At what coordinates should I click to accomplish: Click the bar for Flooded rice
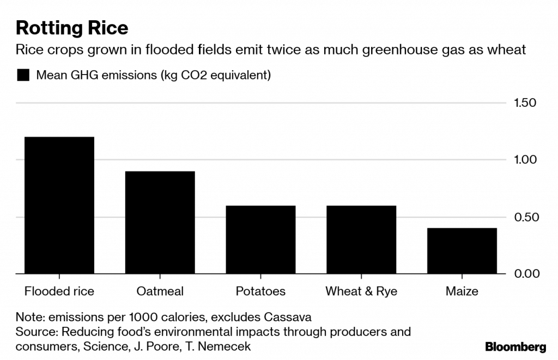pyautogui.click(x=59, y=205)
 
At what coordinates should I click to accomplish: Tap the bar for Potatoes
pyautogui.click(x=260, y=240)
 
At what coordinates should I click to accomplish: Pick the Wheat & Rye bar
pyautogui.click(x=361, y=240)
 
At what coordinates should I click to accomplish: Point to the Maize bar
pyautogui.click(x=462, y=251)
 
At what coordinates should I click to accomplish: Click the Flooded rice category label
pyautogui.click(x=59, y=291)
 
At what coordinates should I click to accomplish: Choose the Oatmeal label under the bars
pyautogui.click(x=160, y=291)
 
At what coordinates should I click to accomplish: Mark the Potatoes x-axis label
pyautogui.click(x=260, y=291)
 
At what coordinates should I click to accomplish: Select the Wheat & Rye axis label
pyautogui.click(x=361, y=291)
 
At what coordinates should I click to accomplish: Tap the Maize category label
pyautogui.click(x=462, y=291)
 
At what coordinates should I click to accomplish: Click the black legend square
pyautogui.click(x=23, y=75)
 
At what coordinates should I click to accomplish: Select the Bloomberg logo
pyautogui.click(x=515, y=346)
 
